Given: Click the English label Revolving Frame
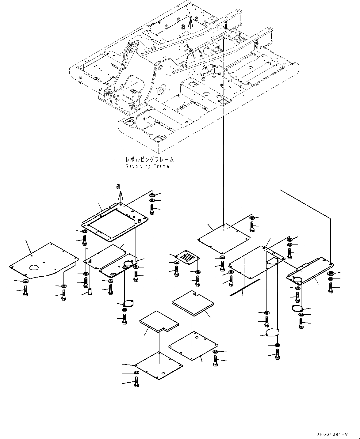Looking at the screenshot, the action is (x=147, y=166).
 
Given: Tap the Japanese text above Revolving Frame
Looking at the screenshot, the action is (x=149, y=159).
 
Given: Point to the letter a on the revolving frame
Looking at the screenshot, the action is (x=183, y=27).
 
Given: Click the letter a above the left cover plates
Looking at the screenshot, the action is (x=118, y=186).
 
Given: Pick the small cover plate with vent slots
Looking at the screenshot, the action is (x=187, y=257).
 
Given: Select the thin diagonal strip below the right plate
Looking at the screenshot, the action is (x=245, y=287).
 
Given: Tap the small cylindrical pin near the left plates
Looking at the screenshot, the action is (x=90, y=291).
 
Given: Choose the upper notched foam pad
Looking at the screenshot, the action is (x=193, y=303).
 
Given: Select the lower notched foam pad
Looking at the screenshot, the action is (x=159, y=324).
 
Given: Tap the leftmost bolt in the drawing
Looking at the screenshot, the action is (x=26, y=291).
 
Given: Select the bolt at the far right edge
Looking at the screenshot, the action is (x=331, y=288).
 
